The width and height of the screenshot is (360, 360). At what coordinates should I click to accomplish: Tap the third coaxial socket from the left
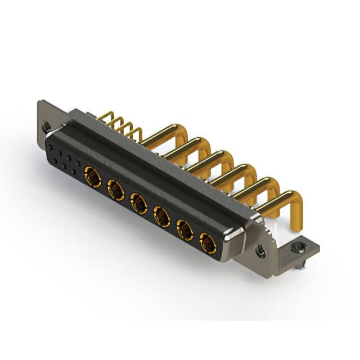[139, 203]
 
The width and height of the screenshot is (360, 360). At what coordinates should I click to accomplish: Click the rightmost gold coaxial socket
[209, 242]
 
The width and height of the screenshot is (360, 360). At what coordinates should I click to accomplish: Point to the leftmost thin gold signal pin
[105, 116]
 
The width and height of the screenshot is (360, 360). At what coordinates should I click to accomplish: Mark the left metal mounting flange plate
[45, 115]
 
